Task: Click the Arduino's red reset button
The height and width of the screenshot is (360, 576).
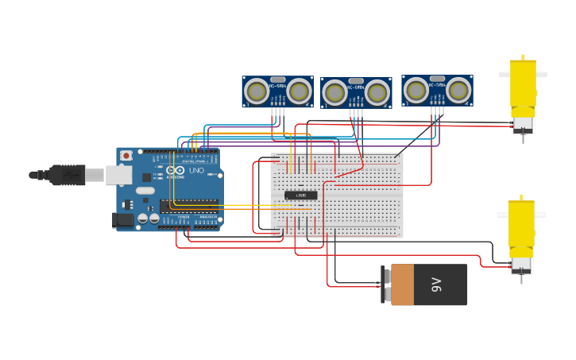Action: pos(126,156)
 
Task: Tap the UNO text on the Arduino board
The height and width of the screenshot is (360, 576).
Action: pos(195,171)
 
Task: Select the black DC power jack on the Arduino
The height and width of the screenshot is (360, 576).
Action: pos(122,220)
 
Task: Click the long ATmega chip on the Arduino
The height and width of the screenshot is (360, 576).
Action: pos(188,206)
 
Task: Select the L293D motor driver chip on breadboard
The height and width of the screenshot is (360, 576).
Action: pos(300,195)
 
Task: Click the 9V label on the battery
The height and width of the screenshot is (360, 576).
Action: pos(436,285)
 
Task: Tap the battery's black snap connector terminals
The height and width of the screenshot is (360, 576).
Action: pos(386,285)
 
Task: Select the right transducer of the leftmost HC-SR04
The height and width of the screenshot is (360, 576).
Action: pos(299,90)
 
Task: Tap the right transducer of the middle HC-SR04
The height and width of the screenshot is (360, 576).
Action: pos(377,93)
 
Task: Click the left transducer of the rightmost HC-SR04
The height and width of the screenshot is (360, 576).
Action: pos(416,91)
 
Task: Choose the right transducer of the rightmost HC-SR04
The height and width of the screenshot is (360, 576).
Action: pos(458,91)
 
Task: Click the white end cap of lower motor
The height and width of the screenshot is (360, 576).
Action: pos(521,262)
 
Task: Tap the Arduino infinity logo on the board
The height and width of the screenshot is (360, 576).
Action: pos(177,171)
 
